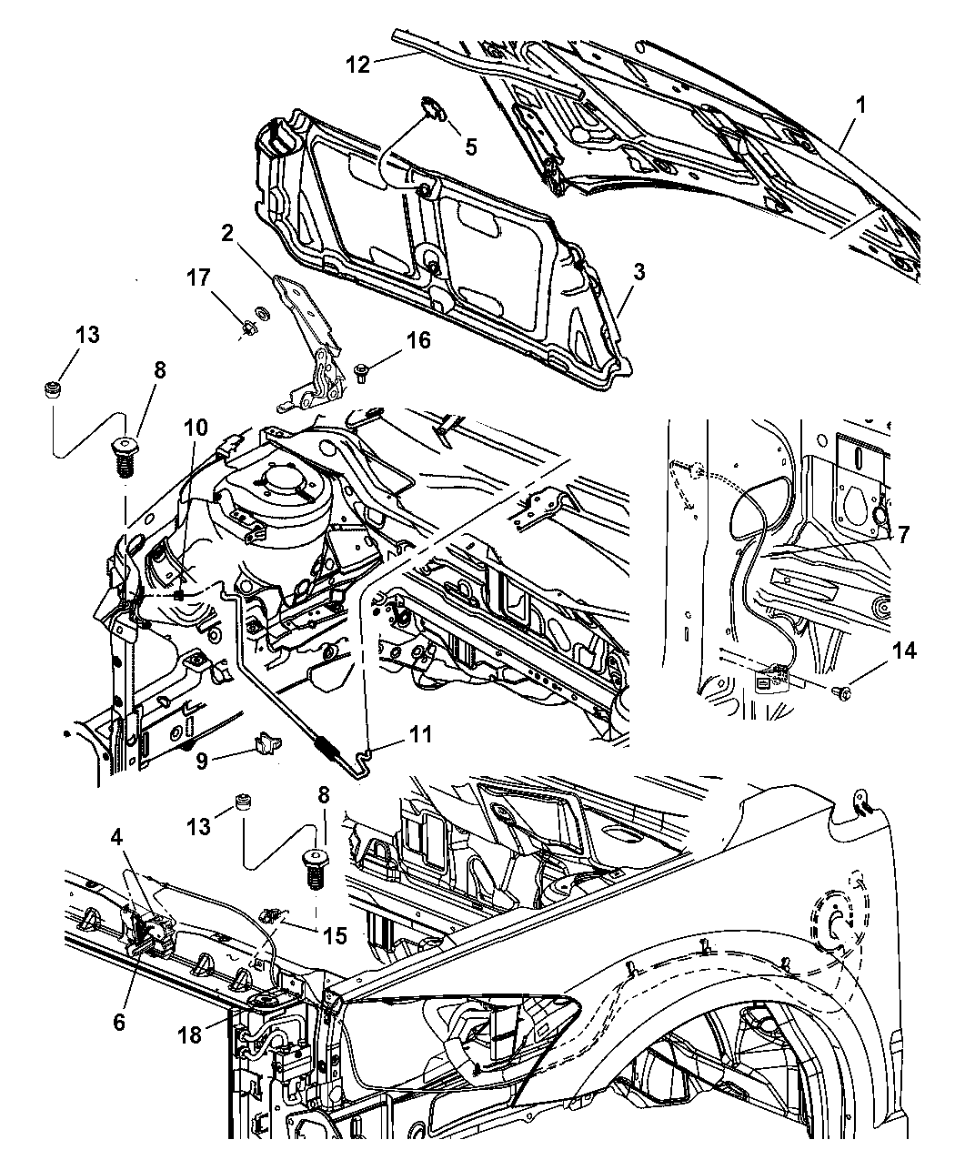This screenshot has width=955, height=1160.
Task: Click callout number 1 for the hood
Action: click(x=859, y=106)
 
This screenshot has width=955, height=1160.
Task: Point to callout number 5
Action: click(x=471, y=145)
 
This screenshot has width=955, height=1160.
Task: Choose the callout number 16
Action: click(x=418, y=340)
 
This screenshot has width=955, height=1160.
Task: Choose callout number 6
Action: click(x=118, y=1023)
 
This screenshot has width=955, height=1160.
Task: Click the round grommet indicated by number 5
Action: click(x=435, y=112)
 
